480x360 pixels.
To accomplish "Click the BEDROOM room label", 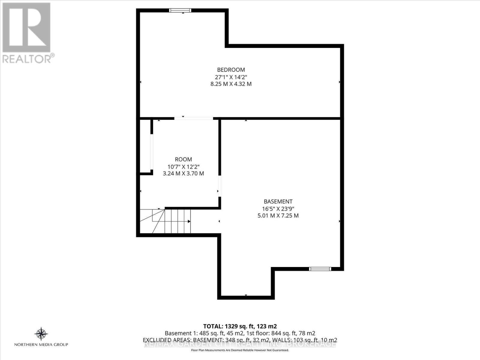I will pos(231,70).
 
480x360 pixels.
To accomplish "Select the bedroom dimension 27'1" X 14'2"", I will pos(231,77).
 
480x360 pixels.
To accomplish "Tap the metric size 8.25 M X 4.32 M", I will pos(231,84).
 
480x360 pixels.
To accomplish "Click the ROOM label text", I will pos(183,159).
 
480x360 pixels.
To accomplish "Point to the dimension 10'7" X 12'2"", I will pos(183,166).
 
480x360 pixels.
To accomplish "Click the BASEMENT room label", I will pos(278,202).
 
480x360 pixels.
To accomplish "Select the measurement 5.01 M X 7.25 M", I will pos(278,216).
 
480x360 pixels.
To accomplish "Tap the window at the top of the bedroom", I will pos(180,10).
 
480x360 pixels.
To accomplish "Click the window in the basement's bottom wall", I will pos(320,269).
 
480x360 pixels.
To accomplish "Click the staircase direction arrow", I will pos(189,221).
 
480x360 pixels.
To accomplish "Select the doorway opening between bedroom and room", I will pos(193,118).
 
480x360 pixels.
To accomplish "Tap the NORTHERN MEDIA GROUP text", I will pos(41,345).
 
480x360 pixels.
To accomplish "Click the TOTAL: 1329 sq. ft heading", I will pos(240,326).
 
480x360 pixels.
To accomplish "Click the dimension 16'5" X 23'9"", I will pos(278,209).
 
